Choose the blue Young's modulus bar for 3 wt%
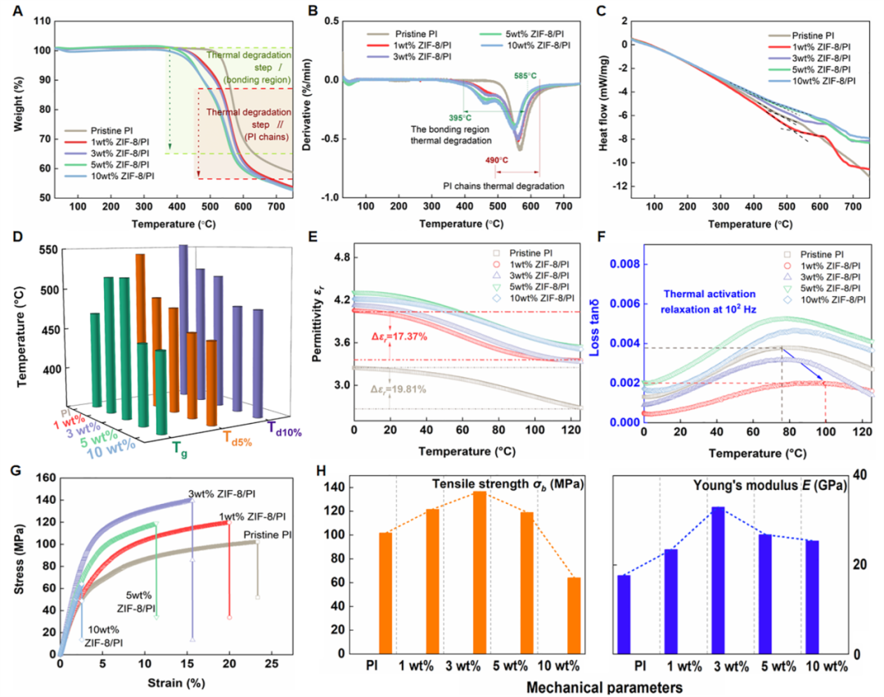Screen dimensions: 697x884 [718, 580]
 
